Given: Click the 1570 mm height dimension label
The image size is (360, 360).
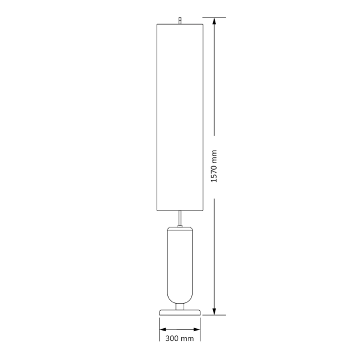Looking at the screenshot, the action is tap(214, 166).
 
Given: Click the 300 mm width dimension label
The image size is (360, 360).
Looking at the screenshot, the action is tap(179, 338).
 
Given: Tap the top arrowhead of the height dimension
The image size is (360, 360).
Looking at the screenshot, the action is tap(214, 21).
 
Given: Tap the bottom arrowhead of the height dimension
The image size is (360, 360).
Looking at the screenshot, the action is tap(214, 311).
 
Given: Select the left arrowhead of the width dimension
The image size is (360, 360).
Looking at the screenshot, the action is tap(163, 329).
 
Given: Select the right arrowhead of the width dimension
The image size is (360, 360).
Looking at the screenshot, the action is tap(197, 329).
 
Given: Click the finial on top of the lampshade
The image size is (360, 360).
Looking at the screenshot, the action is tap(180, 20).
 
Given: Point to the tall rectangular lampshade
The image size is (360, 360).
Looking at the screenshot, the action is tap(180, 118).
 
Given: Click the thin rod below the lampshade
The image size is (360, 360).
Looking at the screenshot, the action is tap(180, 218).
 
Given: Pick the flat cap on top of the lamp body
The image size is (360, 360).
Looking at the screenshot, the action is tap(180, 229).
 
